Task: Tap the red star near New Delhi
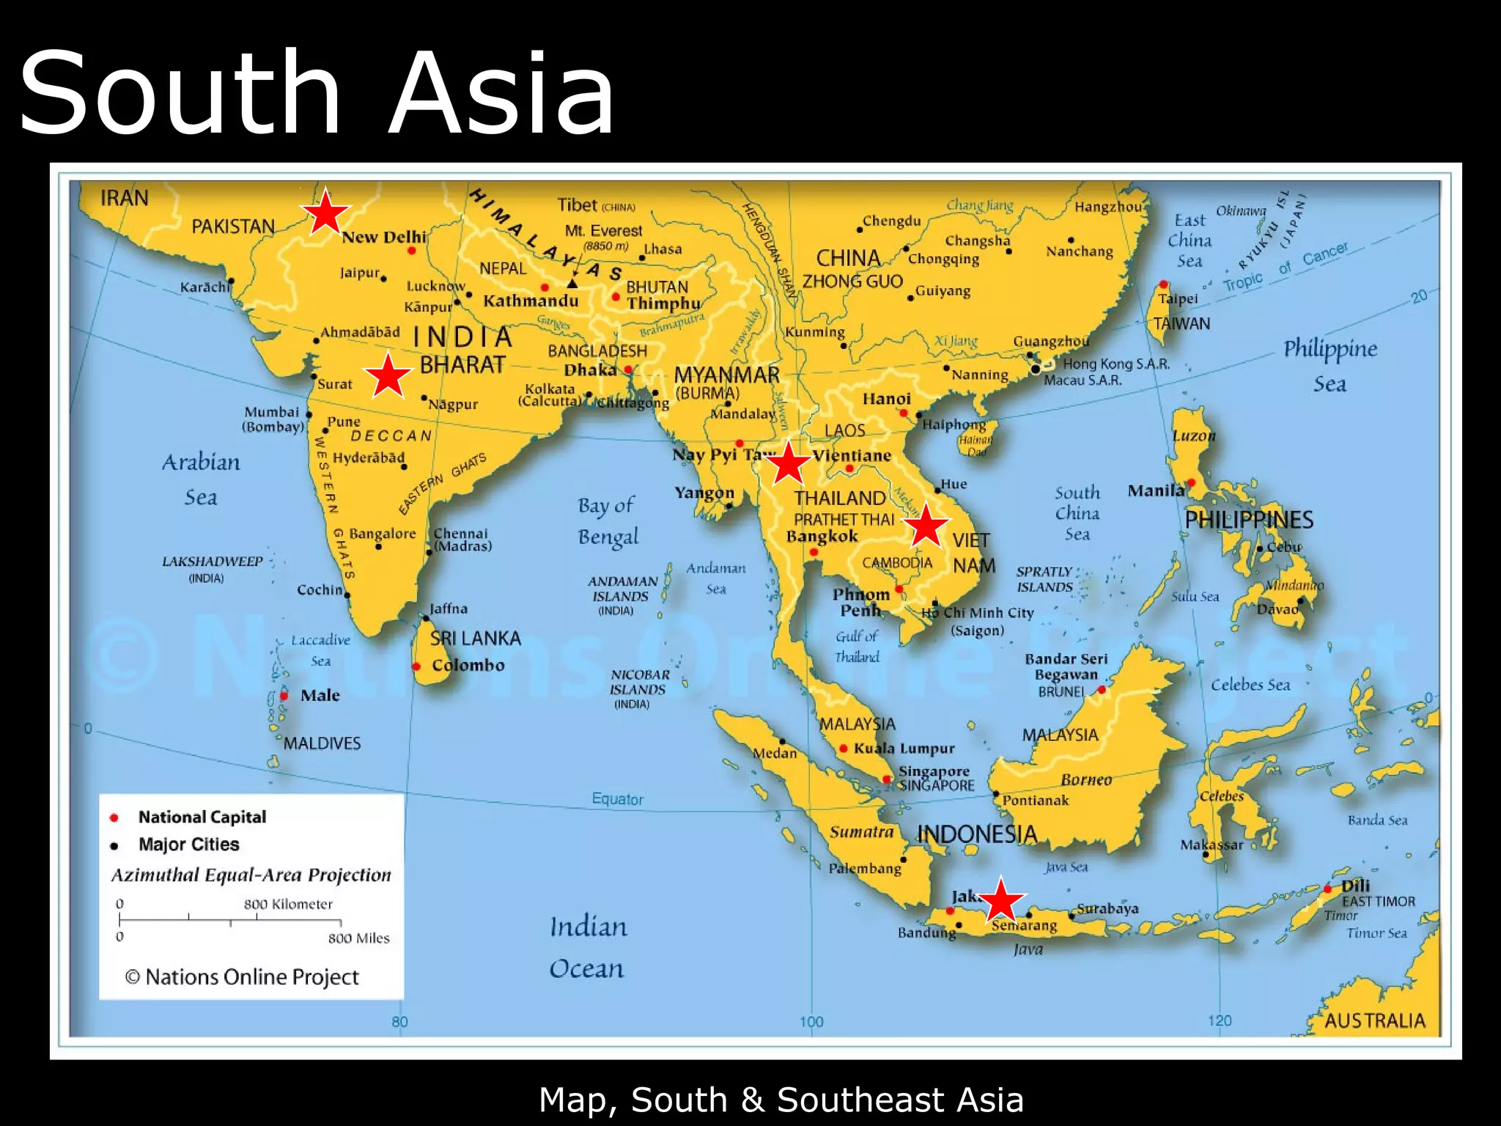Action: click(x=325, y=213)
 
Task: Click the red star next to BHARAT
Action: click(x=388, y=375)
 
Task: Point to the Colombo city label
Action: click(x=468, y=666)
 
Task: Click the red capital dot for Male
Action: click(x=284, y=696)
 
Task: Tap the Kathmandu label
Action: click(x=531, y=301)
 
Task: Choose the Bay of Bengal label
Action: click(x=608, y=520)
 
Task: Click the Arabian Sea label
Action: click(x=201, y=479)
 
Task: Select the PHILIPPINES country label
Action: click(x=1249, y=520)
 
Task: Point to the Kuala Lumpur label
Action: click(x=904, y=748)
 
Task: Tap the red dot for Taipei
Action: click(x=1163, y=284)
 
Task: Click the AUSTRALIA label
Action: click(x=1374, y=1020)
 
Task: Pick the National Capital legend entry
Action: click(x=202, y=817)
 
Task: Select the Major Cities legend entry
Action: click(x=188, y=844)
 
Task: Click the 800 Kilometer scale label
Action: click(x=288, y=905)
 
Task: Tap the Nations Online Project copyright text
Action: click(x=242, y=977)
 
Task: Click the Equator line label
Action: click(x=617, y=799)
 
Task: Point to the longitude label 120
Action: click(x=1220, y=1020)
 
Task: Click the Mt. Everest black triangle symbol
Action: click(x=572, y=284)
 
